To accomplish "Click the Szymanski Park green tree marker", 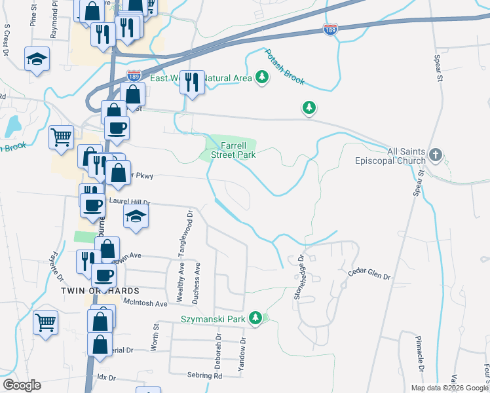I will pyautogui.click(x=255, y=319).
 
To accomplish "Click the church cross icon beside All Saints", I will pyautogui.click(x=436, y=155).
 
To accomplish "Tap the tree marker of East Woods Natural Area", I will pyautogui.click(x=262, y=78).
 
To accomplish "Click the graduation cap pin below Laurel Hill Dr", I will pyautogui.click(x=136, y=216).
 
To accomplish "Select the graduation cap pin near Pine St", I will pyautogui.click(x=37, y=59).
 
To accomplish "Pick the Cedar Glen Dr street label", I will pyautogui.click(x=369, y=273).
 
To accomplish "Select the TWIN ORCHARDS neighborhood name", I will pyautogui.click(x=100, y=290).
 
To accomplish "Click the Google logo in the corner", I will pyautogui.click(x=22, y=385).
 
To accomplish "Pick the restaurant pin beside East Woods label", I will pyautogui.click(x=192, y=83).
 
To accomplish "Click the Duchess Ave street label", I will pyautogui.click(x=196, y=283).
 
